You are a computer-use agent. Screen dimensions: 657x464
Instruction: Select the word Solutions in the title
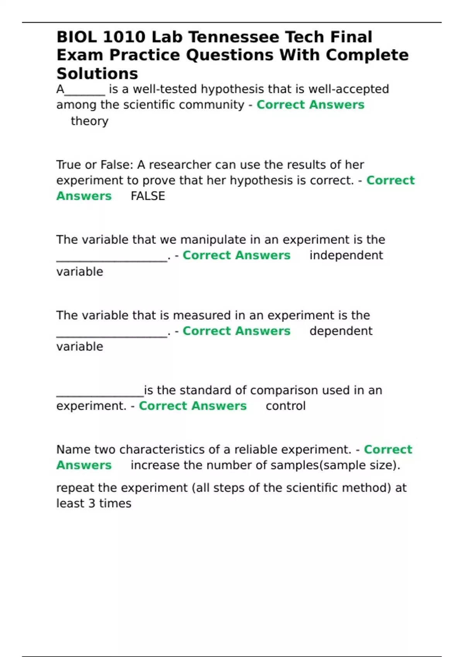pos(97,73)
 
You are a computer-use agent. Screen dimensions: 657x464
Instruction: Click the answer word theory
pos(89,121)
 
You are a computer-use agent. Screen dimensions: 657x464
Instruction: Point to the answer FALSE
pos(148,196)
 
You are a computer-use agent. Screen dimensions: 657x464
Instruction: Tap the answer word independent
pos(346,255)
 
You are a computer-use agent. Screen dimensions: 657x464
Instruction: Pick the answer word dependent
pos(341,331)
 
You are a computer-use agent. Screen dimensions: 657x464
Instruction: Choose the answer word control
pos(285,406)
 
